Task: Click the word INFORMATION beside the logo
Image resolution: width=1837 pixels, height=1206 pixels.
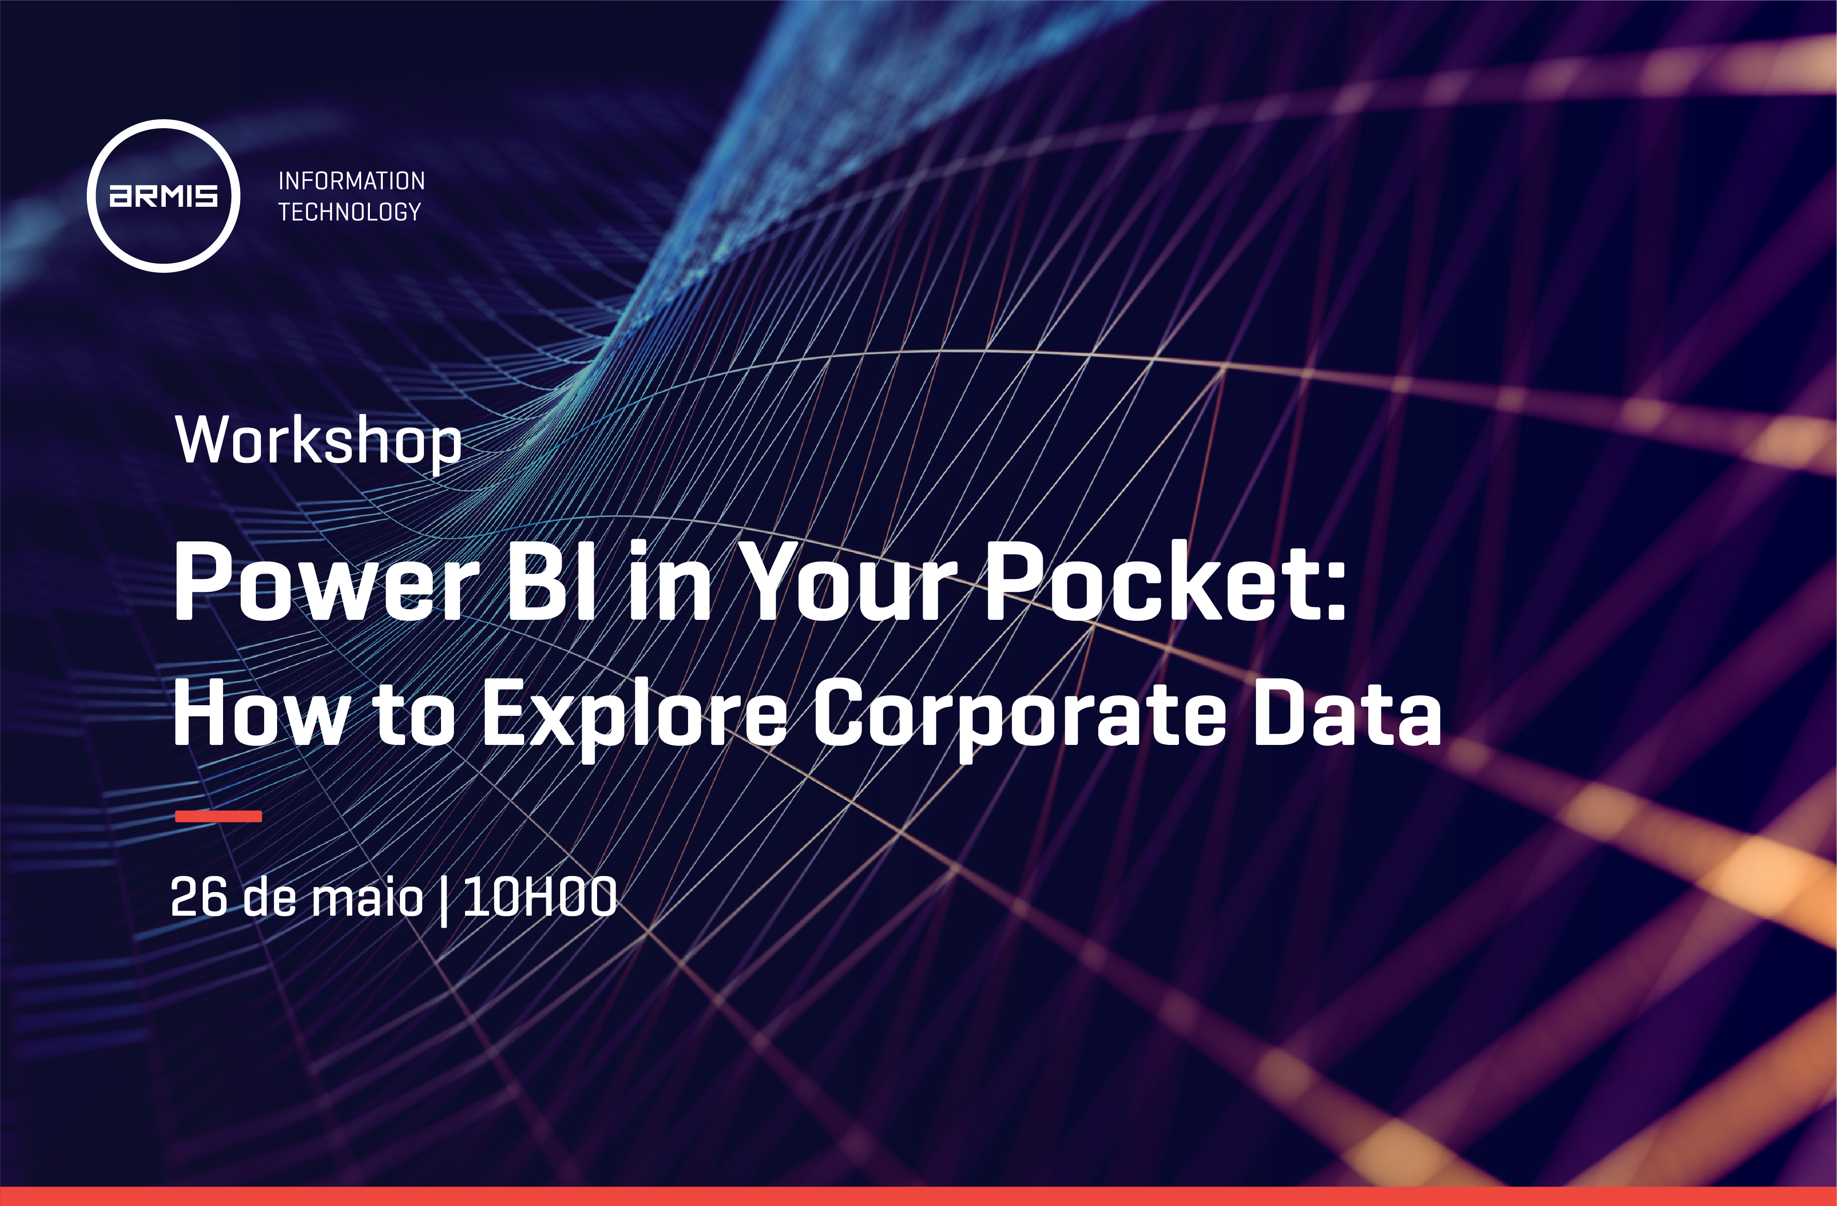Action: point(351,180)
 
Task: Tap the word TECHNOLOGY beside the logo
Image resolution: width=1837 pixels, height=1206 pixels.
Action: point(350,211)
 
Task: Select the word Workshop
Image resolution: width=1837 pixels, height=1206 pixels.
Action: point(318,441)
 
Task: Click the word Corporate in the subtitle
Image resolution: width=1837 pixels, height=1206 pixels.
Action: point(1019,718)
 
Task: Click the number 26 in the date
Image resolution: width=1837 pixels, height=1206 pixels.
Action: point(199,897)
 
